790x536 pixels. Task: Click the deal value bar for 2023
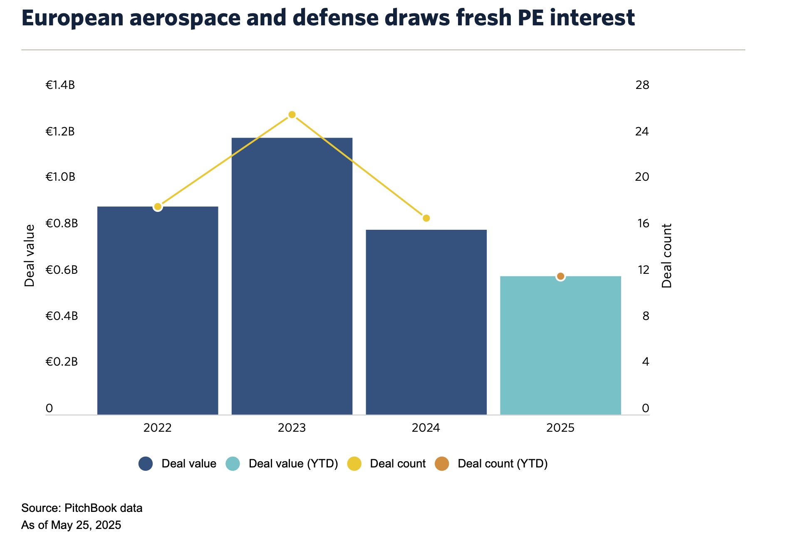[x=292, y=276]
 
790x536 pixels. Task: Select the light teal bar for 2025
[x=560, y=345]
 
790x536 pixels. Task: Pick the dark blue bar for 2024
[x=426, y=322]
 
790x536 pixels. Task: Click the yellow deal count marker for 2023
[x=292, y=115]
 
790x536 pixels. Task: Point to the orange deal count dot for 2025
[x=560, y=276]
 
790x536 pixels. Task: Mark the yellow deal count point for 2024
[x=426, y=218]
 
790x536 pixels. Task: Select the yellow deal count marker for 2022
[x=158, y=207]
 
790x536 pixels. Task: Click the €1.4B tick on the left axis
[x=60, y=85]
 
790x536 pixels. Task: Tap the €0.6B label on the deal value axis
[x=62, y=270]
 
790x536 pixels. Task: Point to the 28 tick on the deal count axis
[x=642, y=85]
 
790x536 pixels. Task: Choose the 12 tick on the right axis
[x=643, y=270]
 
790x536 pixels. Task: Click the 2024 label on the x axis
[x=426, y=428]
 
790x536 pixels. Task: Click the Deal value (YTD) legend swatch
[x=233, y=464]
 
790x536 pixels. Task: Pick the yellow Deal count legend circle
[x=354, y=464]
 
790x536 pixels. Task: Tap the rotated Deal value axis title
[x=30, y=256]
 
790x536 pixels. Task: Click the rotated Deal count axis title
[x=666, y=256]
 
